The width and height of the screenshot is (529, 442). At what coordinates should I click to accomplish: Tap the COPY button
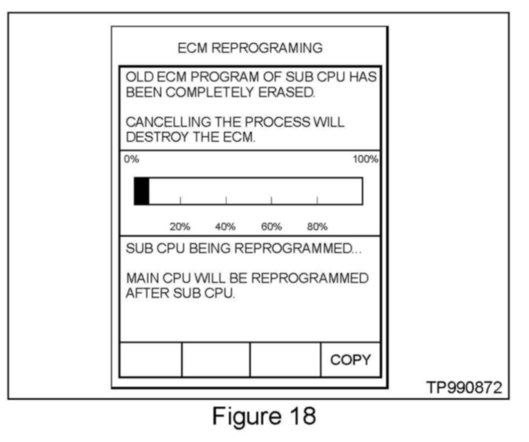(351, 359)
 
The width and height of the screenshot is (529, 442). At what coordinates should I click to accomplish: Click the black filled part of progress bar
(142, 191)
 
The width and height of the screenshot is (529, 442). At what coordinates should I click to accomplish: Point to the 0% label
(131, 160)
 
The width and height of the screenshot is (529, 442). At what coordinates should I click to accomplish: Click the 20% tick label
(180, 227)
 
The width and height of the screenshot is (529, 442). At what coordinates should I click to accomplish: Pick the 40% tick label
(225, 227)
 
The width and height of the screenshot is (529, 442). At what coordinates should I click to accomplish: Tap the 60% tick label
(271, 227)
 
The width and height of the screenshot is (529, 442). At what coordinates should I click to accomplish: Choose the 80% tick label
(317, 227)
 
